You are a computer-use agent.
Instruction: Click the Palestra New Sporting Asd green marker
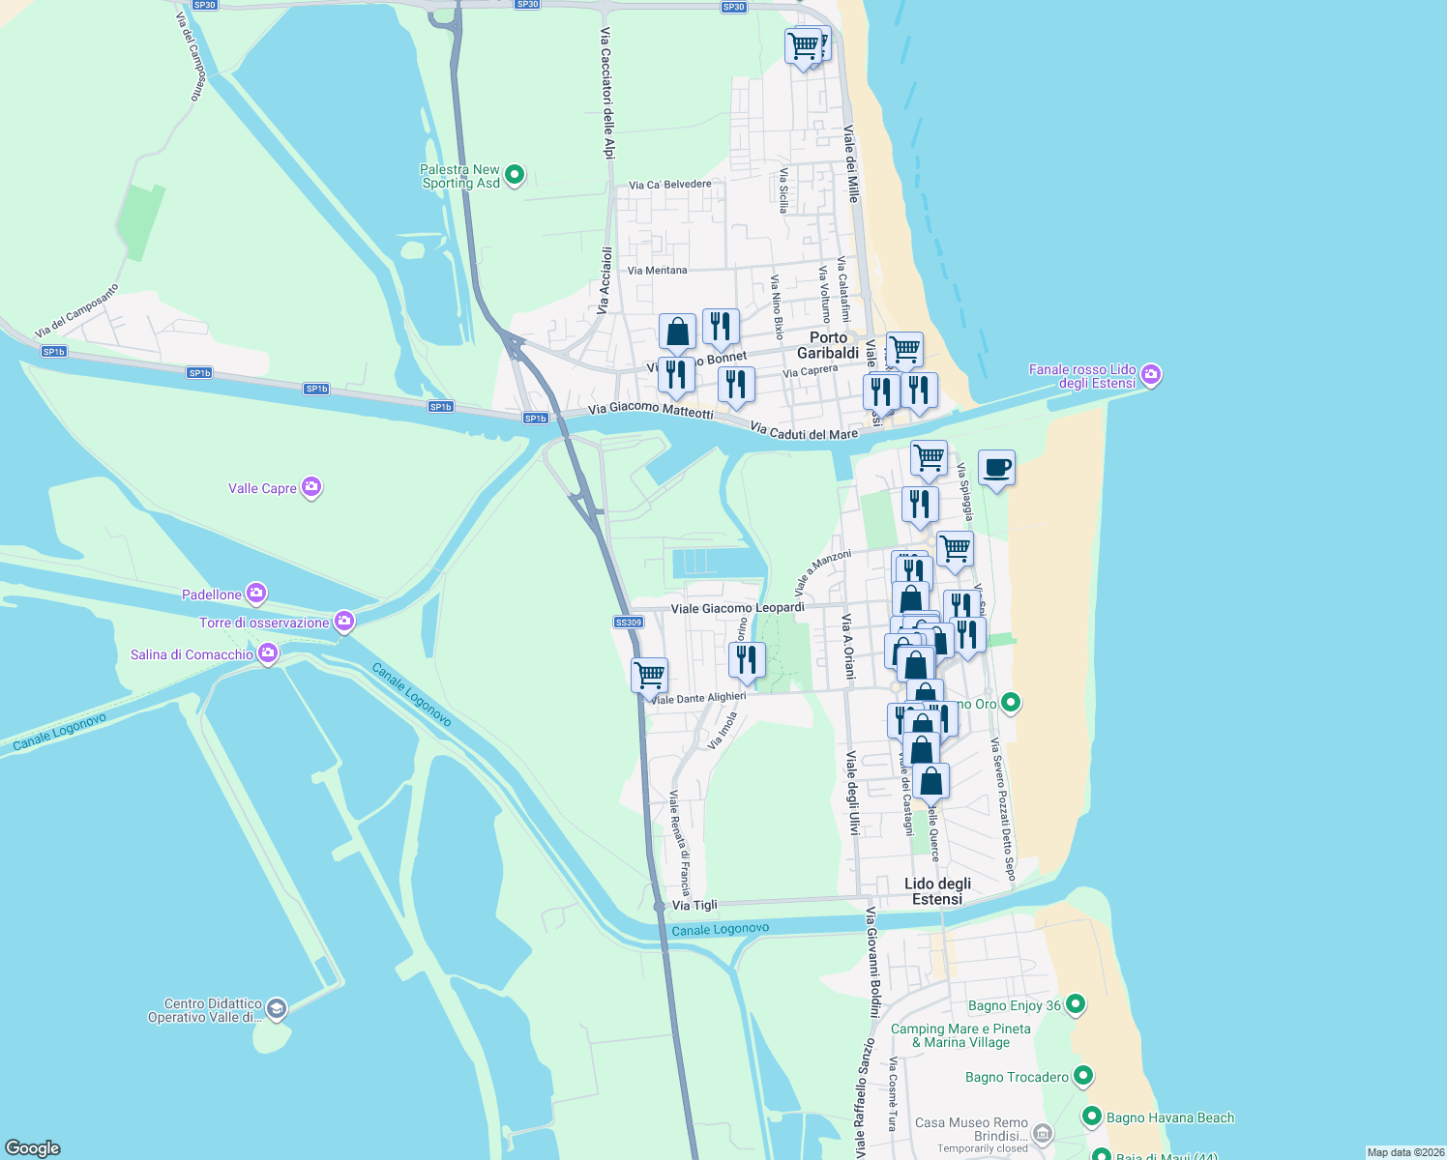click(515, 175)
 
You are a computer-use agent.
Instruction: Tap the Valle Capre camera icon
click(311, 486)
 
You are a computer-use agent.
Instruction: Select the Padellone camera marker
click(256, 593)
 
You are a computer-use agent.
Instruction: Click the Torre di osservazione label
click(264, 623)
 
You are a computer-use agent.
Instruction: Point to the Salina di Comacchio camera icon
click(269, 654)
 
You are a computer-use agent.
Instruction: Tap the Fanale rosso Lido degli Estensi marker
click(1151, 374)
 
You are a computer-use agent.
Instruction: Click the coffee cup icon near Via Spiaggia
click(996, 468)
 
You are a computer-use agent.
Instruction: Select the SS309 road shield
click(629, 623)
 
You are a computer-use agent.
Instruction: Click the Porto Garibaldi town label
click(828, 345)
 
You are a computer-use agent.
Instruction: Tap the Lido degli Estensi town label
click(937, 891)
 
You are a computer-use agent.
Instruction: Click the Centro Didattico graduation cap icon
click(277, 1009)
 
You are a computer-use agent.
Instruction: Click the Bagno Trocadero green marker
click(1083, 1075)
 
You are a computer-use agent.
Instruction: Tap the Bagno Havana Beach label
click(1170, 1117)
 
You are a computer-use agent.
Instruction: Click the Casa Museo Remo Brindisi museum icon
click(1042, 1132)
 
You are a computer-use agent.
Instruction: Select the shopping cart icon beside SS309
click(649, 674)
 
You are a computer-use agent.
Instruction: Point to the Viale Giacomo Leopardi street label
click(737, 608)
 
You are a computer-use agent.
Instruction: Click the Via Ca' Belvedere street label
click(669, 185)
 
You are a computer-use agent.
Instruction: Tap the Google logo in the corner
click(33, 1148)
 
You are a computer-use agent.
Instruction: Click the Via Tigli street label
click(694, 905)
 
